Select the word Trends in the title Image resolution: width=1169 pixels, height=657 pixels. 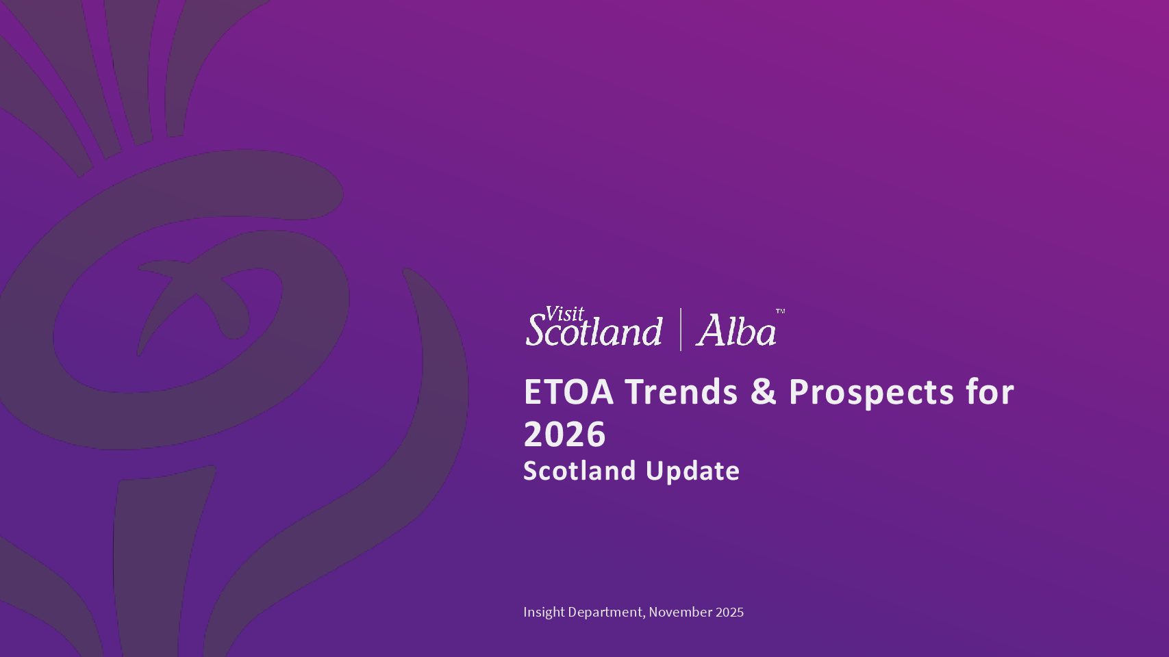click(681, 391)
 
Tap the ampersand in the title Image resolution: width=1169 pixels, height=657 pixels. click(764, 391)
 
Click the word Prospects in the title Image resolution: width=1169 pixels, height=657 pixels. click(872, 394)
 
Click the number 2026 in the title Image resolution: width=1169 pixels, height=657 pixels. click(565, 435)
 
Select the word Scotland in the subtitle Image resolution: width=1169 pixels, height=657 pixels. click(579, 470)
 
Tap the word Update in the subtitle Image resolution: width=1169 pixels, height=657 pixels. click(692, 472)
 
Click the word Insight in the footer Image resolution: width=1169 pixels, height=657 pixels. click(544, 612)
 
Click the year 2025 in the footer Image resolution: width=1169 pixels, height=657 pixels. click(729, 612)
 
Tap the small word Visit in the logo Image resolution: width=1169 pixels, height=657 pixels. click(564, 314)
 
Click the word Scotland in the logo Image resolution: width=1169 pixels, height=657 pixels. click(594, 330)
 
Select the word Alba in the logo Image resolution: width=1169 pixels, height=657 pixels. click(736, 330)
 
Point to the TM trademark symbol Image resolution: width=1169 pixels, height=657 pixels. click(780, 311)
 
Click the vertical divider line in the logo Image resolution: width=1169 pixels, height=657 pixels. click(681, 330)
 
